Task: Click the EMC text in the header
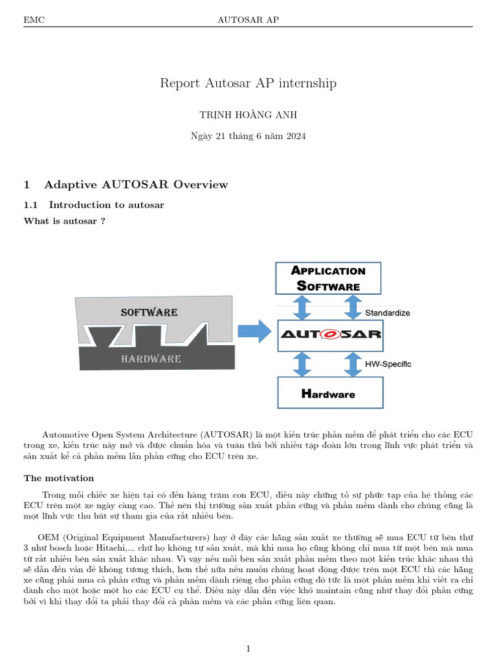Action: [x=34, y=20]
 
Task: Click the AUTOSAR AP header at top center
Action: [x=248, y=20]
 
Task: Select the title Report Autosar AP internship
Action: [x=248, y=83]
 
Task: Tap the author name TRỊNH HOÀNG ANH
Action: [x=248, y=114]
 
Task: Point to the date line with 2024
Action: [x=248, y=136]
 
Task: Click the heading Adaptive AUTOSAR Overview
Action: [x=136, y=185]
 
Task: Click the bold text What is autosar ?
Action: [x=65, y=221]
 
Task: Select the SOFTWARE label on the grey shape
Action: [x=149, y=312]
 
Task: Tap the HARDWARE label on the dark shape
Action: [x=151, y=358]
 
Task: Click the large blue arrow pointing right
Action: [x=253, y=332]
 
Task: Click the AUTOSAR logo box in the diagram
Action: [x=330, y=335]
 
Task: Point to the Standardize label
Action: [x=388, y=313]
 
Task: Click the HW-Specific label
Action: [x=388, y=364]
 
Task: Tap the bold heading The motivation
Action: [x=59, y=478]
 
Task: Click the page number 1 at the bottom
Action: [x=248, y=648]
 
